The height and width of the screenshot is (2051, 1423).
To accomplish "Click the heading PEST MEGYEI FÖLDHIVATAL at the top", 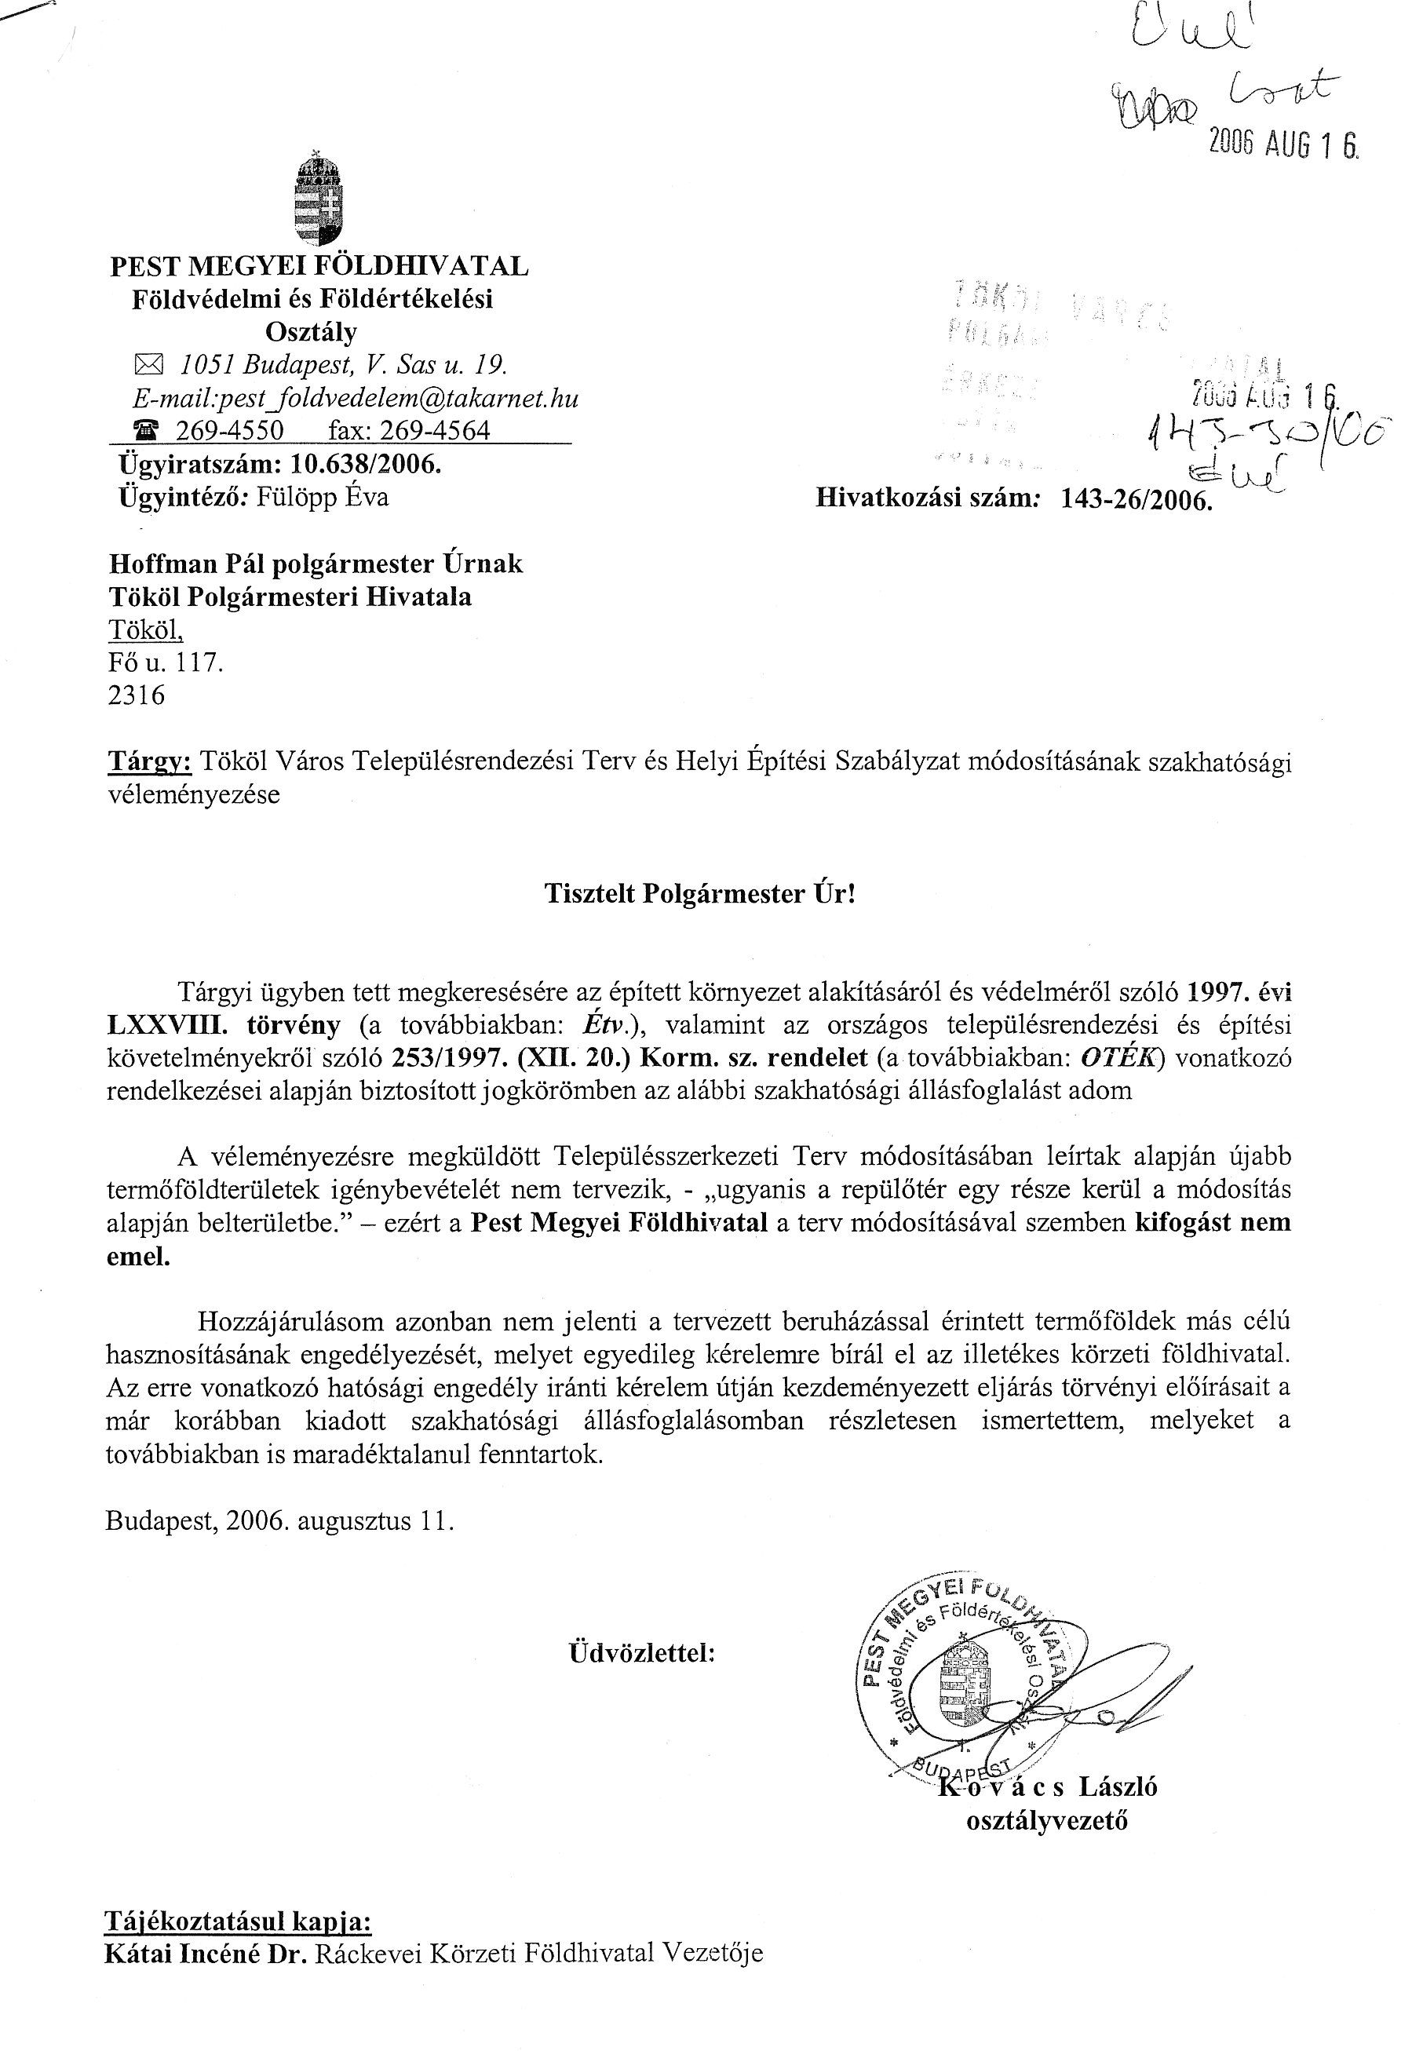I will tap(319, 266).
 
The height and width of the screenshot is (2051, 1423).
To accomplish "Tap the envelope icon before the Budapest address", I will tap(144, 365).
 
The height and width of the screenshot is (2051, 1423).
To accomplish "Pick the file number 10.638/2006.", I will tap(367, 464).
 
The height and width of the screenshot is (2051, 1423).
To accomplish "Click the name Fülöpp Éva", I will tap(323, 497).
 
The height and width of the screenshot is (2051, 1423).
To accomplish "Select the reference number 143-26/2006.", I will tap(1137, 499).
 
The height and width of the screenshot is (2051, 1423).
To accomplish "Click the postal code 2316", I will tap(137, 695).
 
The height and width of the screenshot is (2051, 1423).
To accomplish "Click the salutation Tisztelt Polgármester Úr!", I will tap(700, 894).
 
